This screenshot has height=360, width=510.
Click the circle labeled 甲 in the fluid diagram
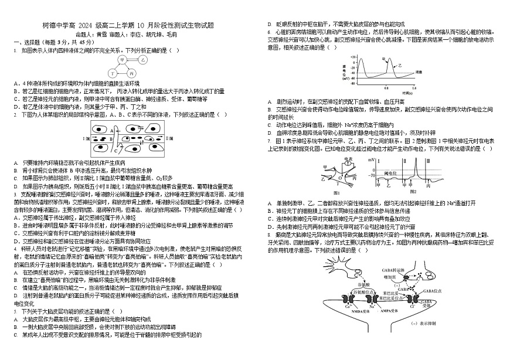coord(123,60)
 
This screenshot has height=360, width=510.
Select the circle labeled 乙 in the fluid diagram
coord(144,60)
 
